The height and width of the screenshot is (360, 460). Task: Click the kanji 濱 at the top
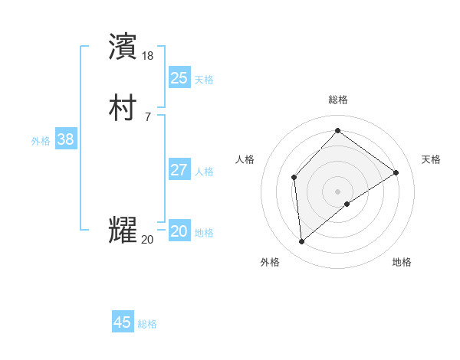(123, 46)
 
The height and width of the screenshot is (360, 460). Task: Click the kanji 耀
(123, 230)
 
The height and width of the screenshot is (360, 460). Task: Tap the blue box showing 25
(179, 77)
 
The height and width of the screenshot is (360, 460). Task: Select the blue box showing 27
(179, 170)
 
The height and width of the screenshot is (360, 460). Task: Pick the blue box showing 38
(65, 139)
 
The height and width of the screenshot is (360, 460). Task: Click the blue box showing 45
(123, 322)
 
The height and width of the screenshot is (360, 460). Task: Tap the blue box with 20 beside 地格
(179, 231)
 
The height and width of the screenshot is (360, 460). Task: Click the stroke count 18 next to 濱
(148, 56)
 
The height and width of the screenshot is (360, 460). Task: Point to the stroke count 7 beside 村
(147, 117)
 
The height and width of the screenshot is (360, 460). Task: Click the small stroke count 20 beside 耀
(147, 240)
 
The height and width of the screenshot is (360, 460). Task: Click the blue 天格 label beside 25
(204, 79)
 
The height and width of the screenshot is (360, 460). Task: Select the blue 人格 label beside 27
(204, 172)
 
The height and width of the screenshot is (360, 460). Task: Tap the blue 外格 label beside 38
(41, 141)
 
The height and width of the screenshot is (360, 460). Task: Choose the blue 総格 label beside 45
(147, 324)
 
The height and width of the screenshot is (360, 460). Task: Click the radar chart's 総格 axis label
(338, 100)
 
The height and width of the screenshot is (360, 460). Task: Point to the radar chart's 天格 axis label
(432, 159)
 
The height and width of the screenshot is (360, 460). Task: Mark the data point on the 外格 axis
(302, 242)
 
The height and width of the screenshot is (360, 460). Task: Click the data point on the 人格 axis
(294, 178)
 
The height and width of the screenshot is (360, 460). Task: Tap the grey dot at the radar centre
(338, 191)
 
